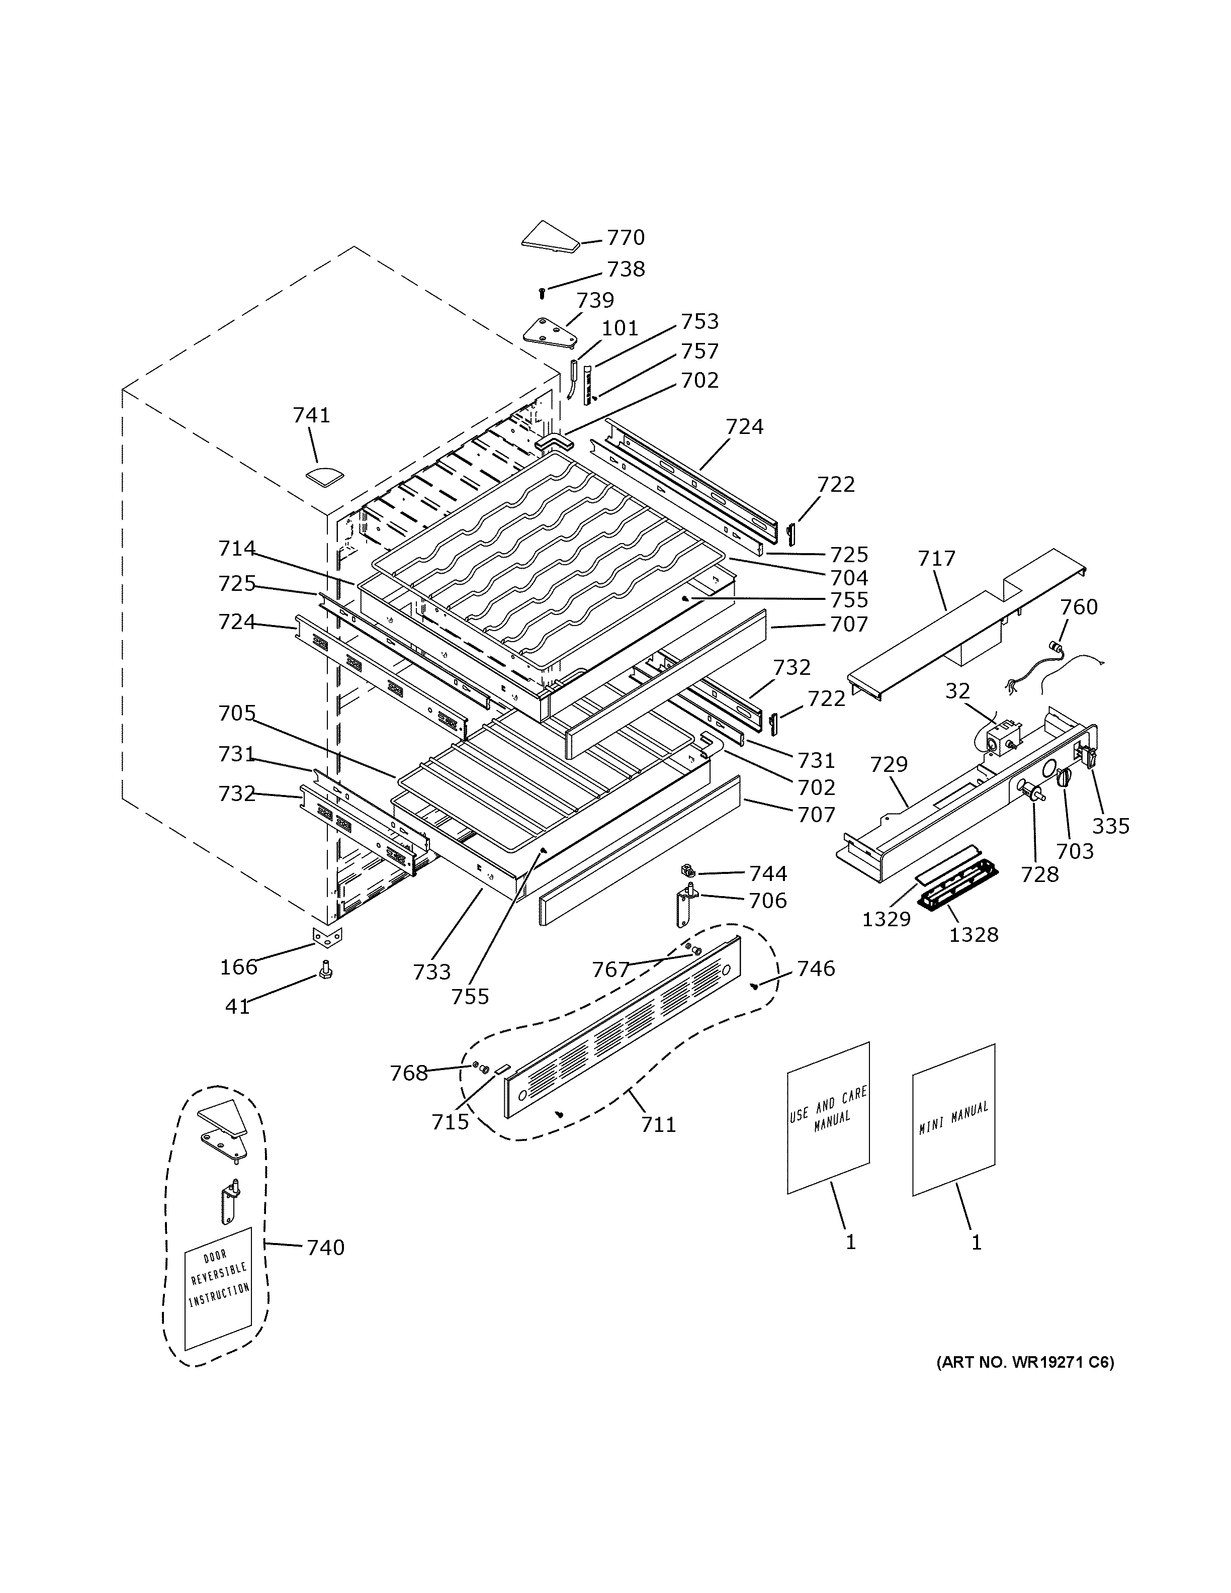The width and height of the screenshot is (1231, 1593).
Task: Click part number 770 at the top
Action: pyautogui.click(x=626, y=238)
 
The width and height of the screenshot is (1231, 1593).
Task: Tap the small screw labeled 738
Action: pyautogui.click(x=542, y=293)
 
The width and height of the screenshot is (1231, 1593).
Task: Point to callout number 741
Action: pyautogui.click(x=311, y=415)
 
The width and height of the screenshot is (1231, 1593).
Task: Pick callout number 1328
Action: pyautogui.click(x=973, y=934)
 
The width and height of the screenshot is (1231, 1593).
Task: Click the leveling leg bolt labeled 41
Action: pyautogui.click(x=326, y=971)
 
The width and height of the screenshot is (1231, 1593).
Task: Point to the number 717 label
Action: pyautogui.click(x=936, y=559)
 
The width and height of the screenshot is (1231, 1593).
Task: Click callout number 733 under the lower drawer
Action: pyautogui.click(x=432, y=971)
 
